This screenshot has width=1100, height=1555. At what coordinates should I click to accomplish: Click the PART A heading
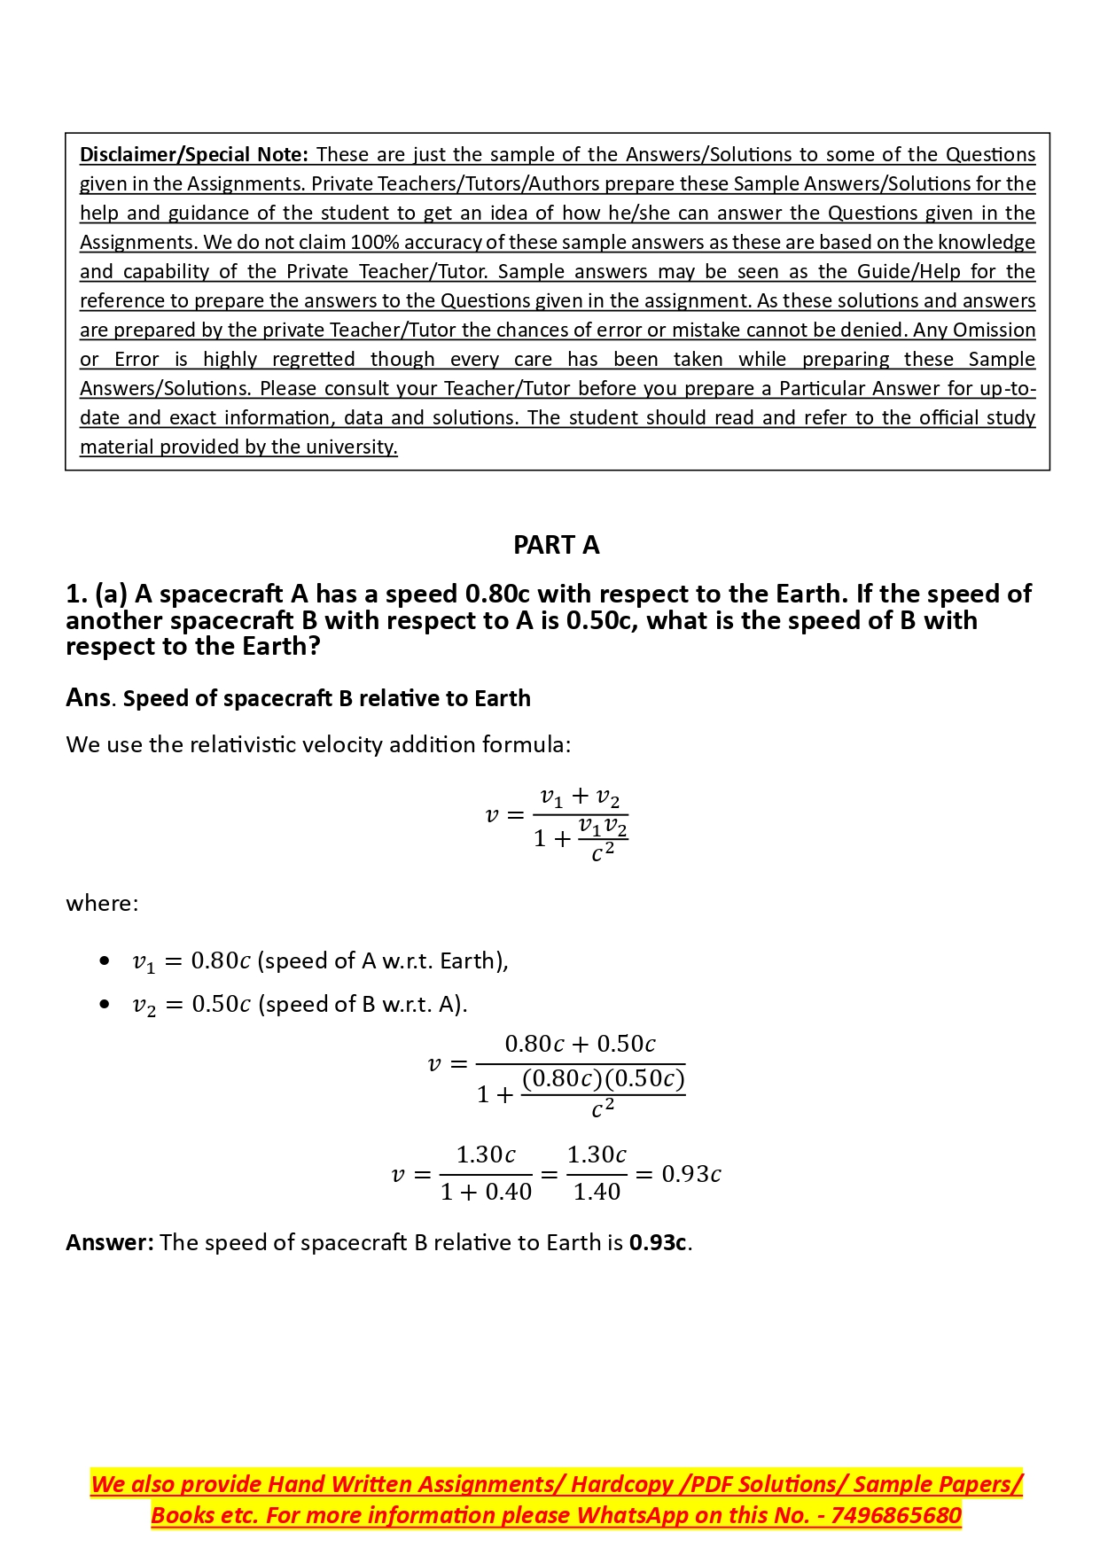[556, 545]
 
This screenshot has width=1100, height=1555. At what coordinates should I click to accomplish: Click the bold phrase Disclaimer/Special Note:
[193, 155]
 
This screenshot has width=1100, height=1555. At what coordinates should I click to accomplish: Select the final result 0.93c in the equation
[691, 1174]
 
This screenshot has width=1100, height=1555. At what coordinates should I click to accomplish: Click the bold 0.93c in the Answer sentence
[658, 1243]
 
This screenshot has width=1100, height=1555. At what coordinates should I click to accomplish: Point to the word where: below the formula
[102, 904]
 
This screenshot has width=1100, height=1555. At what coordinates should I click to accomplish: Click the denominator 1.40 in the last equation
[597, 1193]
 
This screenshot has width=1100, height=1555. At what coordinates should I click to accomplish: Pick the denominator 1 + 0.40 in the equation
[486, 1193]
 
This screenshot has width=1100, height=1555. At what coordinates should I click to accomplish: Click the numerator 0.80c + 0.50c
[580, 1045]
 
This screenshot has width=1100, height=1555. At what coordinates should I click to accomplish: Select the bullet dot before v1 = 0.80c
[105, 961]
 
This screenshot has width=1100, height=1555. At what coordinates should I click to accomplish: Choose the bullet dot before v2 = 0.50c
[105, 1004]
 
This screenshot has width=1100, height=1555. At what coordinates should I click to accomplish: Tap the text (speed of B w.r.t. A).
[363, 1005]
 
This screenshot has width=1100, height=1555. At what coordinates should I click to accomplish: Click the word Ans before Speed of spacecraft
[88, 698]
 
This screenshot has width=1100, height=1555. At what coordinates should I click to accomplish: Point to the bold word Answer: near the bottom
[110, 1243]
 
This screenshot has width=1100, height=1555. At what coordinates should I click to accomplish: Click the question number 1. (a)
[97, 594]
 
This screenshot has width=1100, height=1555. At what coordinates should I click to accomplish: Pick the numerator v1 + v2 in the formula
[580, 797]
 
